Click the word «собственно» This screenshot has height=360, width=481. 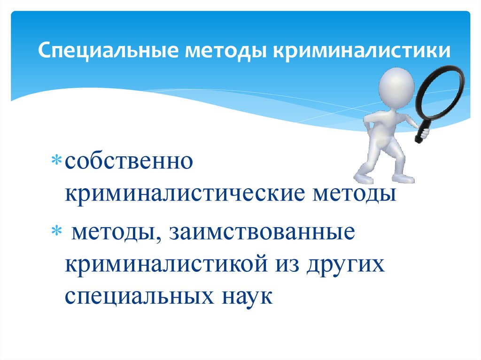click(130, 162)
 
